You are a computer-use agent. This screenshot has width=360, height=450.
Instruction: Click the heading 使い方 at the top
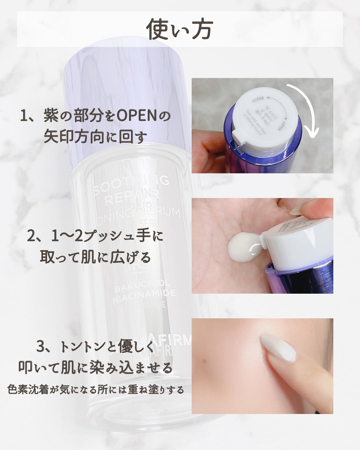180,29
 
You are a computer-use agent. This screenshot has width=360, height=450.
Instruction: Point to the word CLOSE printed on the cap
258,99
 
